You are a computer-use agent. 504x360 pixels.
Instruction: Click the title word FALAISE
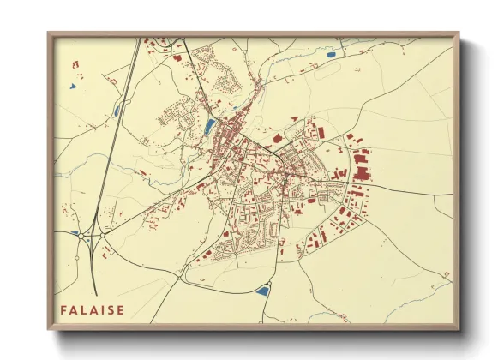tap(92, 309)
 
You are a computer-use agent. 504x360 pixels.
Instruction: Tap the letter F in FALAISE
tap(63, 309)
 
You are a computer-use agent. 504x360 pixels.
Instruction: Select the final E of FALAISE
tap(120, 309)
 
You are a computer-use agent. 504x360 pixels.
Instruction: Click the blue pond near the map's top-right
tap(331, 55)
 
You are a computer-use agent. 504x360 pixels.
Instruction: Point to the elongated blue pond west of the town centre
tap(209, 127)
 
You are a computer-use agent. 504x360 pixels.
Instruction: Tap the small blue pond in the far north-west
tap(75, 86)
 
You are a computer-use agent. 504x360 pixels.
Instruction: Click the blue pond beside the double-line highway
tap(117, 111)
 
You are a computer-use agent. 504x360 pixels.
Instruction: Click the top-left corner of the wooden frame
tap(50, 34)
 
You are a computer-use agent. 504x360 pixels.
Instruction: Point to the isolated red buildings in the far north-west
tap(75, 64)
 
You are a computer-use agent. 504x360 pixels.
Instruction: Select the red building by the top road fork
tap(177, 58)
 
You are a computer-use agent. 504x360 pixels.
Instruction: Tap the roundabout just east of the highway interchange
tap(103, 233)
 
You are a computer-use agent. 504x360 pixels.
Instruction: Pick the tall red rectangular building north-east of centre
tap(323, 133)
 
